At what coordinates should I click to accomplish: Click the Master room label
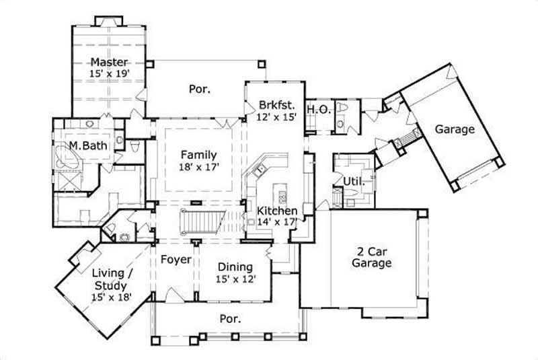click(x=109, y=62)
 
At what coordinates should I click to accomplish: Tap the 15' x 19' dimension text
click(x=109, y=75)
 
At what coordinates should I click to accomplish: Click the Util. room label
click(x=354, y=182)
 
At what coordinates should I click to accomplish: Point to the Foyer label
click(x=176, y=259)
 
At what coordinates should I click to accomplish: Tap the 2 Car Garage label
click(x=371, y=257)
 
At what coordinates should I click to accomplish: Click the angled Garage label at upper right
click(x=454, y=129)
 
